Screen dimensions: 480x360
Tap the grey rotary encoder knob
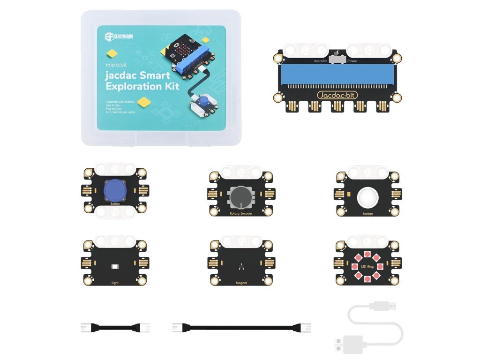tap(240, 197)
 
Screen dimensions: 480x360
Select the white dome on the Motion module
tap(367, 197)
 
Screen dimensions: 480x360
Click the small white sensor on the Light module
tap(115, 266)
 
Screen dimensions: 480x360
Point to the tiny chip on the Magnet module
tap(241, 267)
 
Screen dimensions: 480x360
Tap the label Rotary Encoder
tap(241, 214)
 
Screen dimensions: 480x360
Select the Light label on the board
tap(115, 283)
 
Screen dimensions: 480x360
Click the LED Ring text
tap(367, 266)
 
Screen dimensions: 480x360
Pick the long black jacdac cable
tap(242, 327)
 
